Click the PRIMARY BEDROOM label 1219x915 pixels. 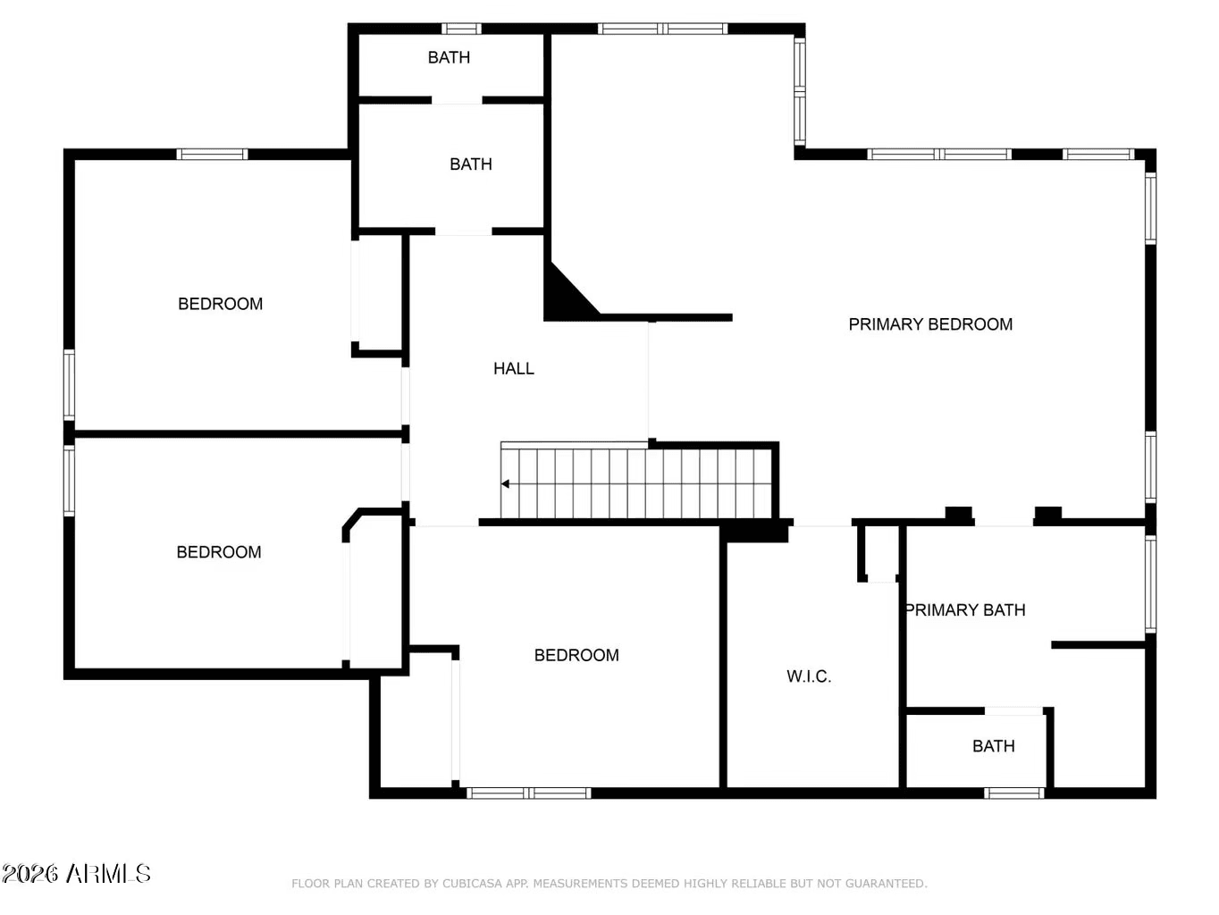tap(930, 324)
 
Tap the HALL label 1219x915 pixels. tap(514, 369)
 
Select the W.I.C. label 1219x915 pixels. tap(809, 676)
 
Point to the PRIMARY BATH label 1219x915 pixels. tap(965, 610)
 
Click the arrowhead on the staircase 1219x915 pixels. tap(505, 484)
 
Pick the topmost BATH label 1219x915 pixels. tap(449, 58)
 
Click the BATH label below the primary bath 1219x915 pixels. tap(994, 746)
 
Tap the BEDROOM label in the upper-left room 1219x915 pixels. tap(220, 305)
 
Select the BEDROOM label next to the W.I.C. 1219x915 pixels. tap(576, 655)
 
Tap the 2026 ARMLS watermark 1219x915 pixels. tap(76, 873)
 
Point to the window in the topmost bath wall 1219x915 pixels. tap(461, 29)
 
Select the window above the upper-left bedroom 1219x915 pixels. tap(212, 155)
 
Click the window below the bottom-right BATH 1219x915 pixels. tap(1014, 793)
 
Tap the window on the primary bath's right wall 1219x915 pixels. tap(1151, 584)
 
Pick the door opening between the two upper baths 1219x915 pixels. tap(457, 100)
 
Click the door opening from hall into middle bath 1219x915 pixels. tap(464, 231)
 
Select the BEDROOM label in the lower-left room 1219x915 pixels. tap(219, 552)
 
